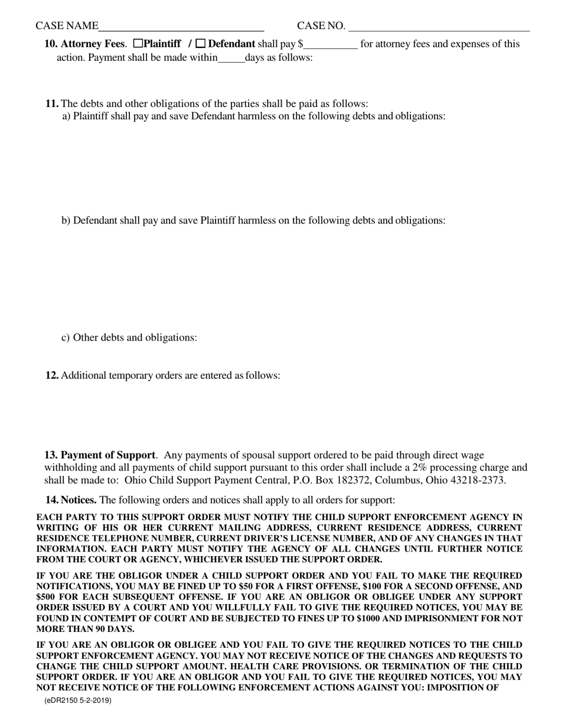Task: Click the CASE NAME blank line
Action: point(181,27)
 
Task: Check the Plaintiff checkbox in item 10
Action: point(138,43)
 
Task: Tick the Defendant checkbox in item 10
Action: point(201,43)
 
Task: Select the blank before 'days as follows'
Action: point(231,59)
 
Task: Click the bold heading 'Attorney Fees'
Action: point(93,44)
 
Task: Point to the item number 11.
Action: point(52,104)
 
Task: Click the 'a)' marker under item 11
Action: point(66,116)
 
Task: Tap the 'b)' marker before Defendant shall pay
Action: point(66,220)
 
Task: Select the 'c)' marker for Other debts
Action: point(66,337)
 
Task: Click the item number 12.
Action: point(52,375)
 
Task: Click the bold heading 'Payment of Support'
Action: point(108,455)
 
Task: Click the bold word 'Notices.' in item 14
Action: point(79,500)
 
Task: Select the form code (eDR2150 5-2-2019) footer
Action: point(77,700)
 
